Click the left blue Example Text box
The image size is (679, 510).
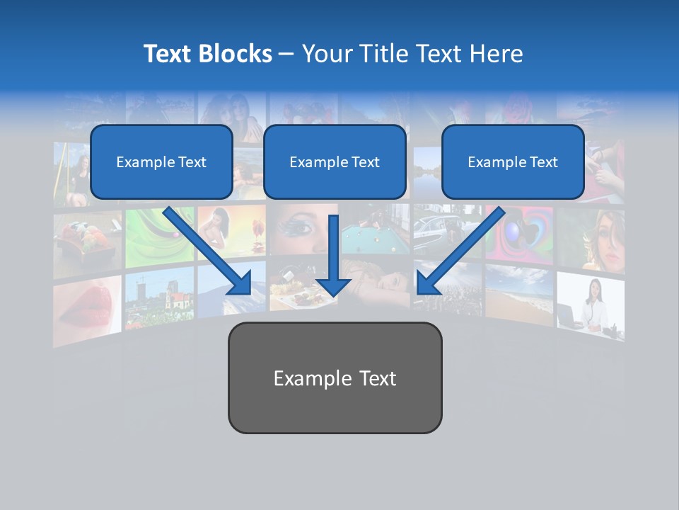[161, 162]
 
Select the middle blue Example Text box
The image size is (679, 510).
[335, 162]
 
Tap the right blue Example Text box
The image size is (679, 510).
[513, 162]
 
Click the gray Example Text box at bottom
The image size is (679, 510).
[335, 378]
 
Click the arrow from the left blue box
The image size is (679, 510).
[209, 251]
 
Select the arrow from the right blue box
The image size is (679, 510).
[460, 251]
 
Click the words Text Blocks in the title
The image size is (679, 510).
[207, 54]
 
